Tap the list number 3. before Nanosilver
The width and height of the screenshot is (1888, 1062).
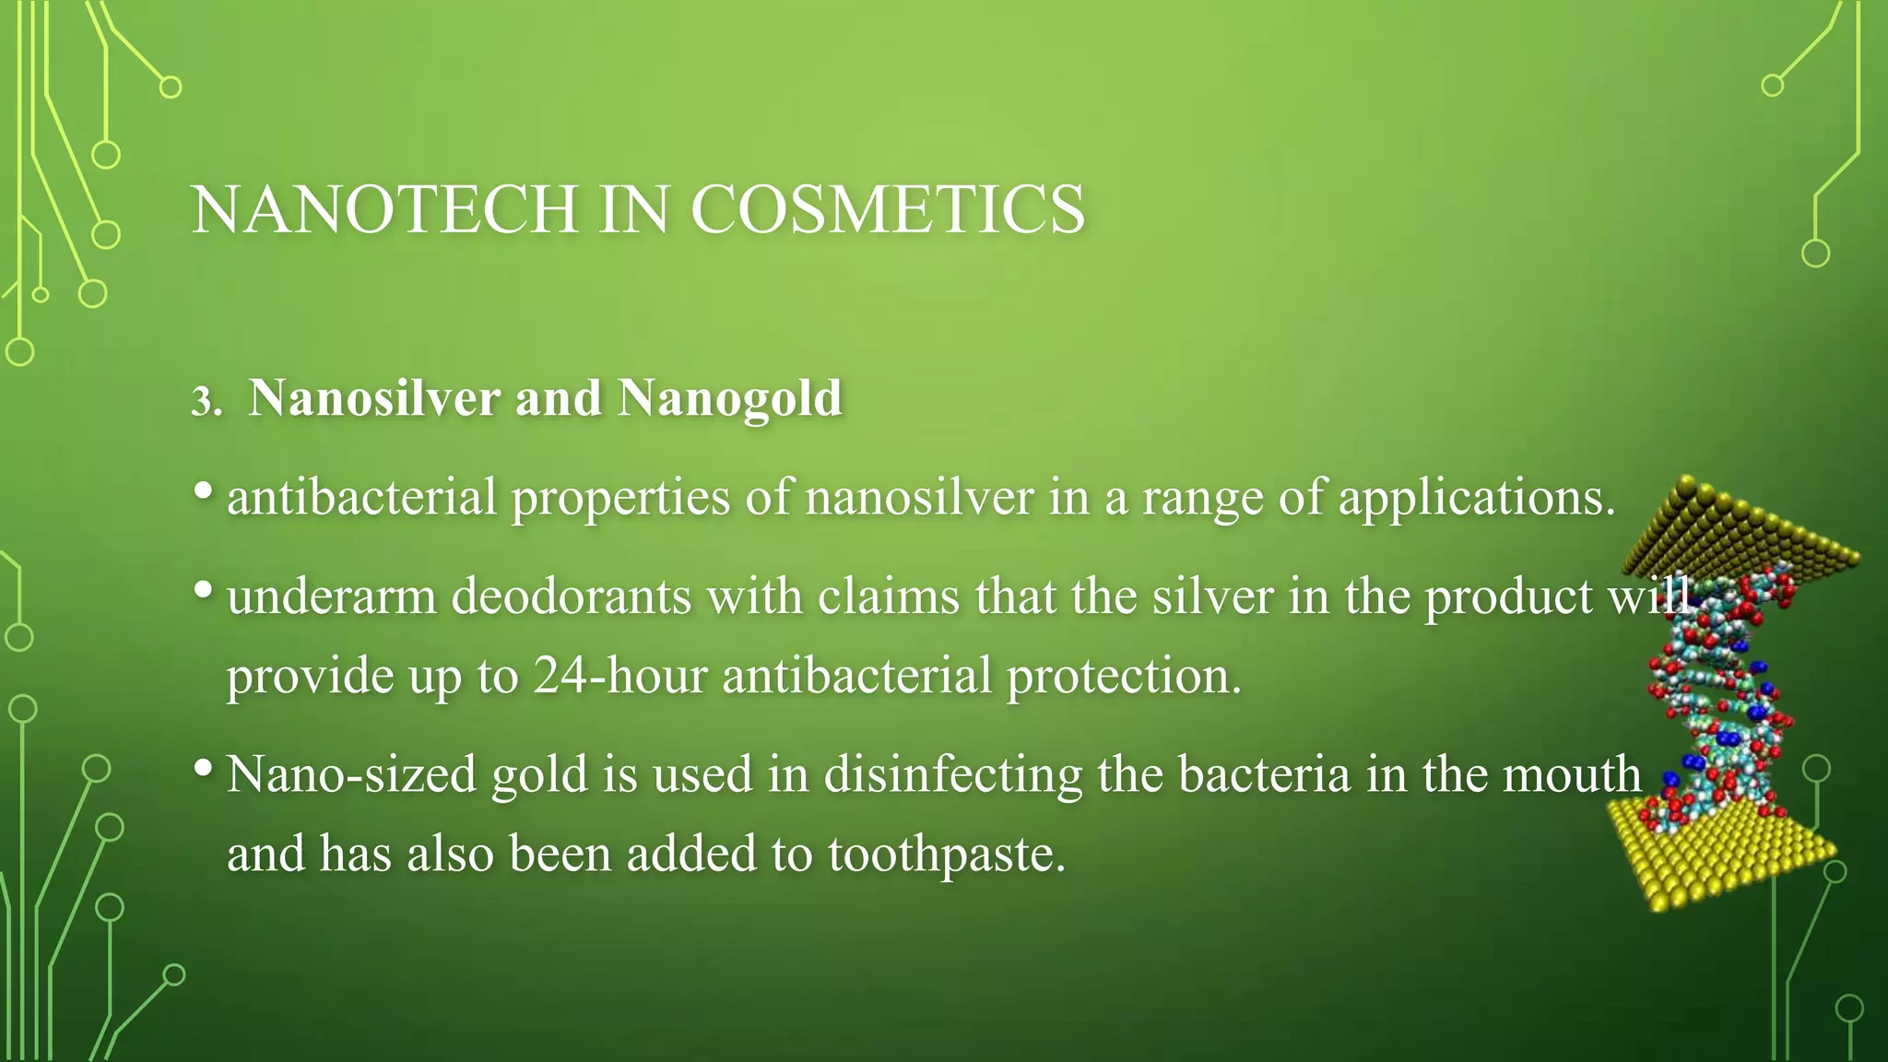point(206,402)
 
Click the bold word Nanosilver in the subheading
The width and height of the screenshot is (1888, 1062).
point(374,398)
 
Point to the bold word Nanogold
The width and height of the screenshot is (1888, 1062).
point(730,400)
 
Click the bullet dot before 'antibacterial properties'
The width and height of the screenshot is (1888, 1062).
point(205,491)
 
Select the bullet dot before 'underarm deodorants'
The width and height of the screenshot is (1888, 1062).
point(205,590)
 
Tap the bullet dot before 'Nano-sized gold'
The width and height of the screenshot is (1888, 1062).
point(205,767)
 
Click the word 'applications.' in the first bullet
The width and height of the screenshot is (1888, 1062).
point(1477,499)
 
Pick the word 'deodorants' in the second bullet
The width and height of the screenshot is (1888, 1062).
point(572,596)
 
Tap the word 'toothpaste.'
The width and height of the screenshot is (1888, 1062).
point(947,855)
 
